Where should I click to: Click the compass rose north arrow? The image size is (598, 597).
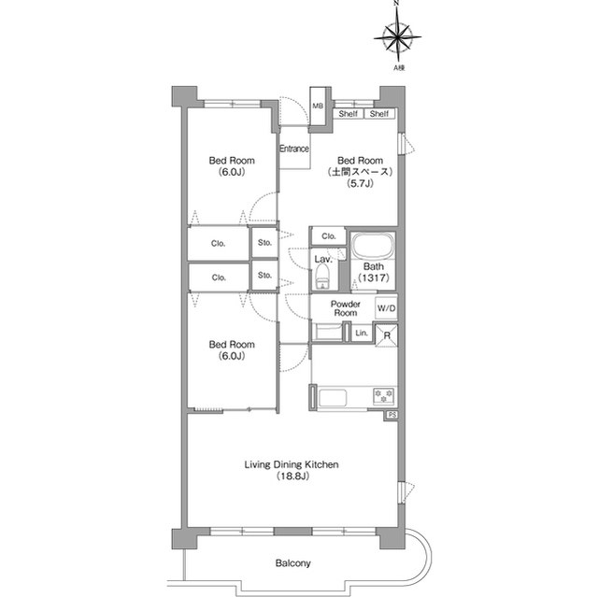coord(397,22)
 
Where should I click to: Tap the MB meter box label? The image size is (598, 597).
coord(318,106)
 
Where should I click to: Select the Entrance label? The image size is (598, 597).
coord(294,149)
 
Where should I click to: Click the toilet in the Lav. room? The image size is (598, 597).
coord(322,277)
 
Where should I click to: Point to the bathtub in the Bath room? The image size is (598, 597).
coord(373,246)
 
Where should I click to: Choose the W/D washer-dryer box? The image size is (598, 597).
coord(386,308)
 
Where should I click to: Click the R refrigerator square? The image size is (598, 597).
coord(387,335)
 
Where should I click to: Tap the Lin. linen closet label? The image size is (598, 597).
coord(362,333)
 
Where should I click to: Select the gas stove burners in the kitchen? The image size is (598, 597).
coord(384,396)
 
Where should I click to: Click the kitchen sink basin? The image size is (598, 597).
coord(333,398)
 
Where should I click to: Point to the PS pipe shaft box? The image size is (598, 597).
coord(391,415)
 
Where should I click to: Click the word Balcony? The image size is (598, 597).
coord(292,562)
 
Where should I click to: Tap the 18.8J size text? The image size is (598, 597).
coord(292,476)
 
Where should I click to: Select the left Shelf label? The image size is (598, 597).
coord(349,114)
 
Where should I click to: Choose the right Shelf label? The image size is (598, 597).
coord(379,114)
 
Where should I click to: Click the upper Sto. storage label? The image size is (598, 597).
coord(264,243)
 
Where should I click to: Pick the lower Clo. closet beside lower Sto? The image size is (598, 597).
coord(219,277)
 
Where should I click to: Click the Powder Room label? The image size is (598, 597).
coord(346,308)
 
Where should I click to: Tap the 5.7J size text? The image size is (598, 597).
coord(360,183)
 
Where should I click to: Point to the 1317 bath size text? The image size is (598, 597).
coord(374,277)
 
